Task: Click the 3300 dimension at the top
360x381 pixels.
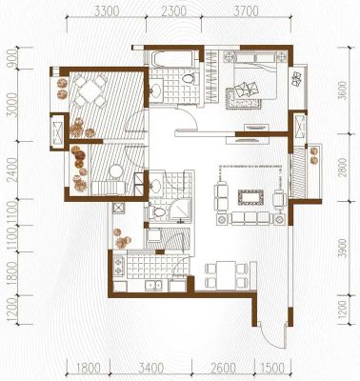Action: pos(107,11)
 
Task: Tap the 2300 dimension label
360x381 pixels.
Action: pos(174,11)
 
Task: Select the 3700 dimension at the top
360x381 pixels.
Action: pos(246,11)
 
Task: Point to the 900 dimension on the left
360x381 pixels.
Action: pos(12,58)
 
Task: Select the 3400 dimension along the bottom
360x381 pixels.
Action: pos(151,369)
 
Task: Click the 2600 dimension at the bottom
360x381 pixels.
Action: pos(223,369)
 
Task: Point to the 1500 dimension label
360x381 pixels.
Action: pos(272,369)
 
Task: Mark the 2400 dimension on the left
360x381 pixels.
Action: pos(12,170)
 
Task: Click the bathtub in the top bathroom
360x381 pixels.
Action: pos(173,59)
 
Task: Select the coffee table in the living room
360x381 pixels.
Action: pos(250,197)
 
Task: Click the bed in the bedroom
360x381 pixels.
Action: pos(255,75)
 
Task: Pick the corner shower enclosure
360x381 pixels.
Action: pos(179,210)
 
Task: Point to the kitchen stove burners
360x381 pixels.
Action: pos(118,266)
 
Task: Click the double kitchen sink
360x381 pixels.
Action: pos(153,285)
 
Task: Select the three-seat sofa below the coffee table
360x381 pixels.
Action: pos(250,219)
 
